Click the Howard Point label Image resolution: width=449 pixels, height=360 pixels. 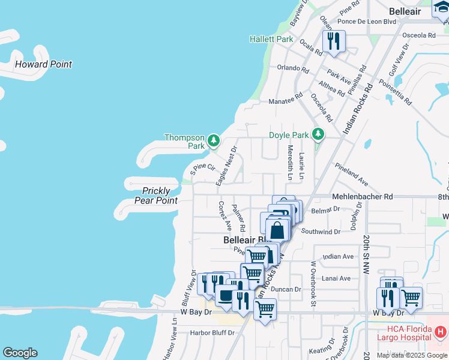point(43,64)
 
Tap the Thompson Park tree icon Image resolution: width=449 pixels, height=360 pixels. point(214,142)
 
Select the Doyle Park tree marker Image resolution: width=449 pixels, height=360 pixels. point(319,134)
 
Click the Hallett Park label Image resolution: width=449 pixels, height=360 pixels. point(271,39)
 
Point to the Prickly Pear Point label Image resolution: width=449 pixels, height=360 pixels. point(156,196)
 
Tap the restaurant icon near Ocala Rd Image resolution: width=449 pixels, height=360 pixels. point(333,41)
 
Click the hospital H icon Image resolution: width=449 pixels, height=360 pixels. point(441,331)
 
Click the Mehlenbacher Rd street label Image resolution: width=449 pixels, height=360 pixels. point(362,196)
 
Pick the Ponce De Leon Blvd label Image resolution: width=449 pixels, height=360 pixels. point(367,22)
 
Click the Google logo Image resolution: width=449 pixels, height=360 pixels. point(20,353)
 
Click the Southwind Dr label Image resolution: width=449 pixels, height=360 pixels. point(321,231)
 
